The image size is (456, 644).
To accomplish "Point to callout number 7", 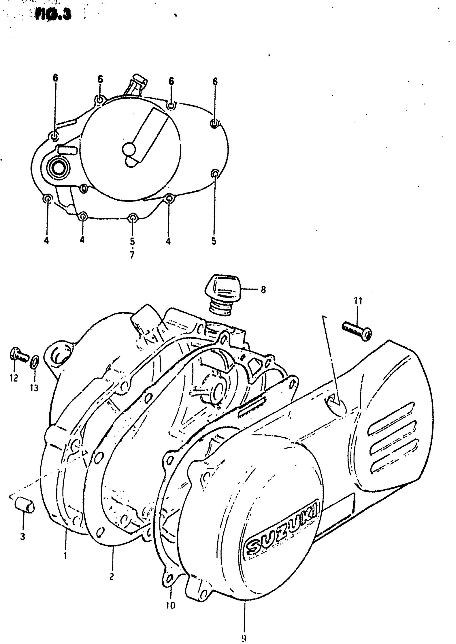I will click(132, 255).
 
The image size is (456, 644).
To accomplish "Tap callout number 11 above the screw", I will click(358, 301).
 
